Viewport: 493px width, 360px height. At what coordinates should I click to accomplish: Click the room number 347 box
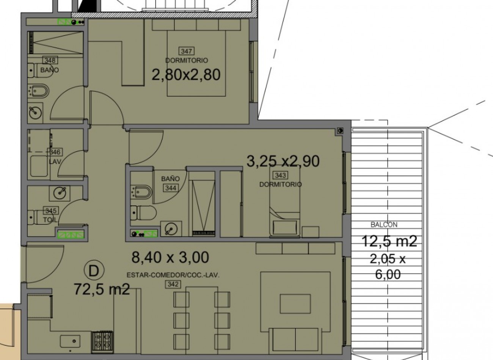tap(186, 51)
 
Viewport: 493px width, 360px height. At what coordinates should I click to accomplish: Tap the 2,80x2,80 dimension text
tap(186, 75)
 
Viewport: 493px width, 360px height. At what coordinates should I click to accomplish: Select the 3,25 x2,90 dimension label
tap(283, 161)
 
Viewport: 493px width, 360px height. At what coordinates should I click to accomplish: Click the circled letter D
tap(94, 271)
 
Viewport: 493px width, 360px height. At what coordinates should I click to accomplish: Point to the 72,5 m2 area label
tap(102, 289)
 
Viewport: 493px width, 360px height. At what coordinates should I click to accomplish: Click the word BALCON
tap(384, 225)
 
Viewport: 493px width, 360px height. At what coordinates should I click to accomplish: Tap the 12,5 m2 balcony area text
tap(389, 241)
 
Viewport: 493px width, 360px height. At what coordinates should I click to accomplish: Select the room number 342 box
tap(173, 284)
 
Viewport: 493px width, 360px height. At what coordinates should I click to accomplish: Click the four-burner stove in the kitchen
tap(102, 342)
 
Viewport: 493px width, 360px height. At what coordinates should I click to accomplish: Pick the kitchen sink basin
tap(70, 341)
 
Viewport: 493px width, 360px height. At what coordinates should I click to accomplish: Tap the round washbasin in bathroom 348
tap(35, 113)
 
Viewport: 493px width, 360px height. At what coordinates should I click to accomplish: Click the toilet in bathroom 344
tap(143, 213)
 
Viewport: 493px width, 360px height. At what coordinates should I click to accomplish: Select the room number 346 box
tap(55, 152)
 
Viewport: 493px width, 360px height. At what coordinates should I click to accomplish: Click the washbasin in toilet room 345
tap(60, 194)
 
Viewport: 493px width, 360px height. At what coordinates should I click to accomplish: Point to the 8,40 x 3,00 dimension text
tap(170, 257)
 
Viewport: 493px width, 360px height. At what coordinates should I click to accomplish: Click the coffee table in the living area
tap(295, 304)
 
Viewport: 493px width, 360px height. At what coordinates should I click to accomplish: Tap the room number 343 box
tap(280, 175)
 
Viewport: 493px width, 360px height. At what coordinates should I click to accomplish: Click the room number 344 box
tap(171, 188)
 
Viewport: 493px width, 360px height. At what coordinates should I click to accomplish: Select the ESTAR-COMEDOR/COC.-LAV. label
tap(173, 275)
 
